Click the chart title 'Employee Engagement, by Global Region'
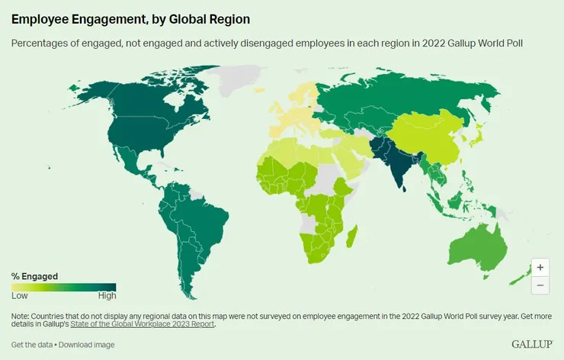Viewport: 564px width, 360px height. coord(130,17)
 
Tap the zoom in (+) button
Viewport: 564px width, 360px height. coord(540,268)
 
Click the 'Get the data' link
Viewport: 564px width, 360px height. coord(31,345)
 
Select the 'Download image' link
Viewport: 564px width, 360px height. coord(87,345)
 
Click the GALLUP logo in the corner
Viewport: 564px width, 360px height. coord(531,345)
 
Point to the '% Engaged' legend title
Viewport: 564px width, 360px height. coord(34,276)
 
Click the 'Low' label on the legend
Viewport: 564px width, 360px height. coord(19,296)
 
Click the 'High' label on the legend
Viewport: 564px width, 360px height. coord(107,296)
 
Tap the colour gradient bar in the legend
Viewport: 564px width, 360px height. coord(63,287)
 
